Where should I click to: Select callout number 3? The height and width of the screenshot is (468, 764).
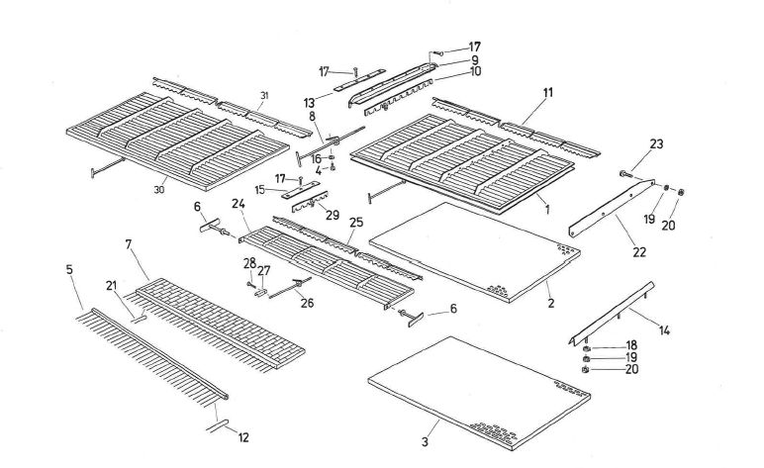pos(426,442)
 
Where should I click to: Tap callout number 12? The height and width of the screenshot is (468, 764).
pos(244,437)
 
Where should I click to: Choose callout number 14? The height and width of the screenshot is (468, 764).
pos(665,329)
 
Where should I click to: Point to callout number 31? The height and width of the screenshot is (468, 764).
pos(263,95)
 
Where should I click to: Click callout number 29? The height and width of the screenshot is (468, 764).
pos(334,215)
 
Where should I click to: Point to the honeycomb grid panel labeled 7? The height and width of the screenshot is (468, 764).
pos(218,317)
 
